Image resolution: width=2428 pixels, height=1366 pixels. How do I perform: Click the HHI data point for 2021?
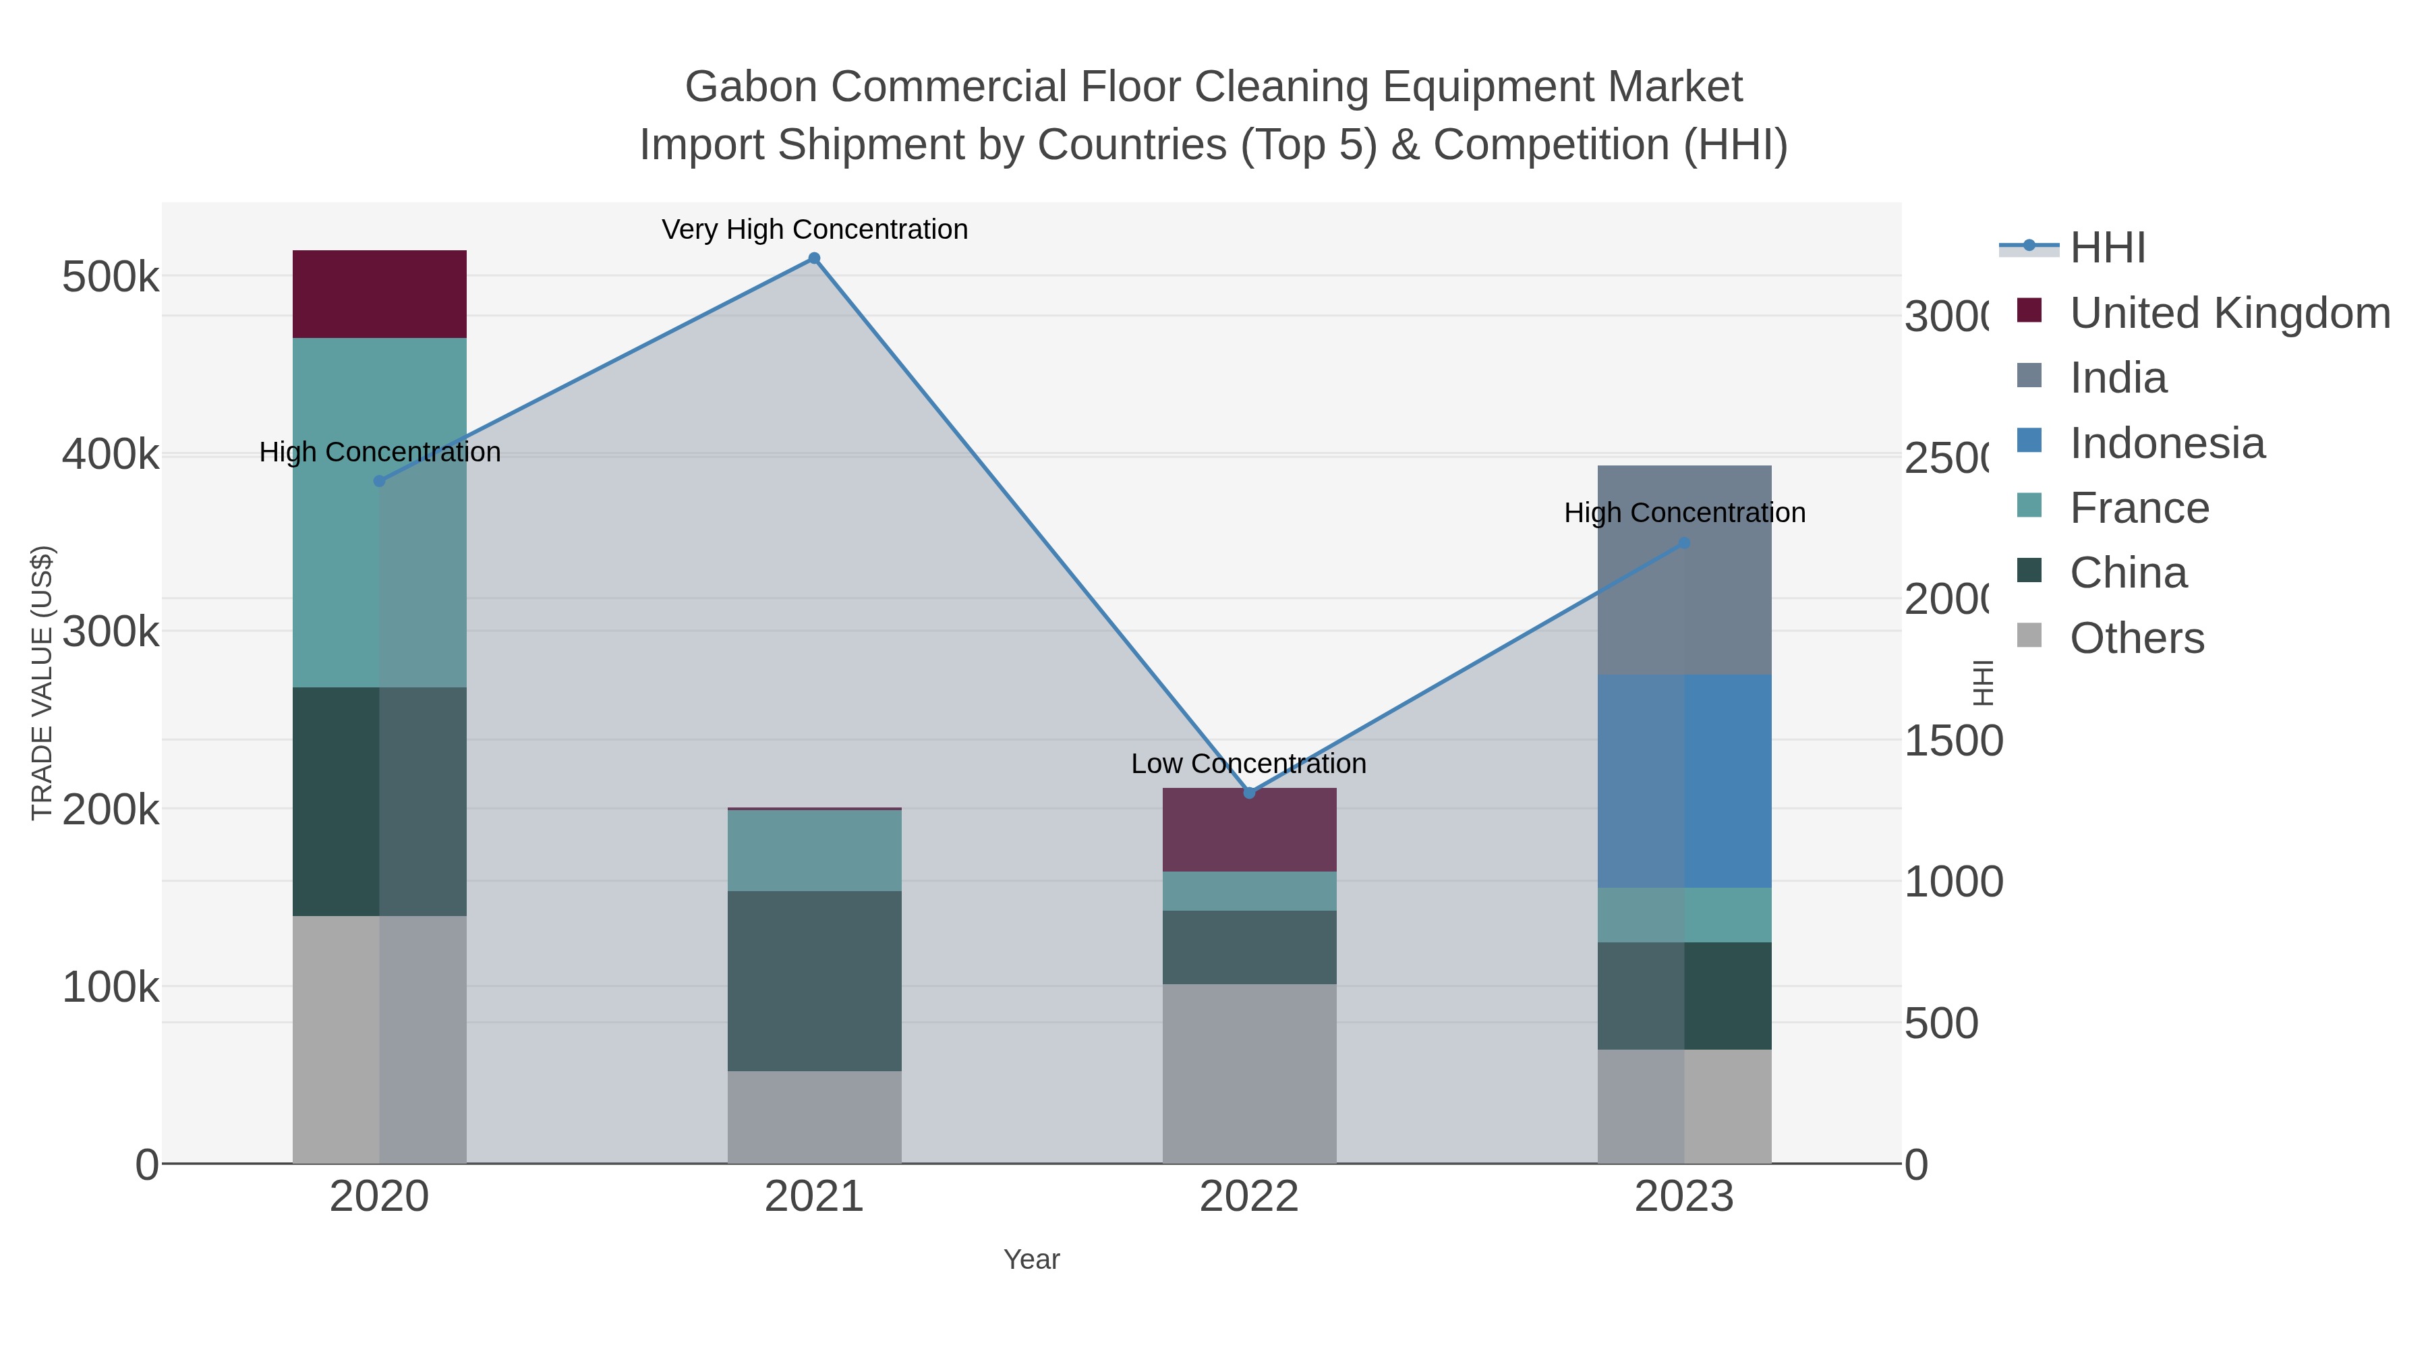point(814,258)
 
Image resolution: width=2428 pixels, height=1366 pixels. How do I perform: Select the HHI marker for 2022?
point(1249,793)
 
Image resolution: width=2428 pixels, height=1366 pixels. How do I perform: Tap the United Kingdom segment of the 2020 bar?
point(379,294)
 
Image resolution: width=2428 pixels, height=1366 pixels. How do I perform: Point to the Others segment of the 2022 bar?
point(1249,1074)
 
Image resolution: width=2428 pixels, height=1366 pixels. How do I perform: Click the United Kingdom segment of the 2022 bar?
point(1249,830)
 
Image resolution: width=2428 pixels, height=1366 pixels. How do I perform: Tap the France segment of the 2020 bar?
point(379,512)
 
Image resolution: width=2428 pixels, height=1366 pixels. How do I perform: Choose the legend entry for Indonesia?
point(2166,443)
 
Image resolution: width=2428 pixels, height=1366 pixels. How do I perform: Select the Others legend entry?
point(2136,638)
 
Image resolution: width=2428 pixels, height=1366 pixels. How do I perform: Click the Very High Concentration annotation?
point(814,229)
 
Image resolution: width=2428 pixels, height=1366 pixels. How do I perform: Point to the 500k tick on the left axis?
point(111,277)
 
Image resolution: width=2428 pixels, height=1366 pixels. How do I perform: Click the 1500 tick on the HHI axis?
point(1951,741)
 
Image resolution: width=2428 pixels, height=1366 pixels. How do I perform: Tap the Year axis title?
point(1031,1259)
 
